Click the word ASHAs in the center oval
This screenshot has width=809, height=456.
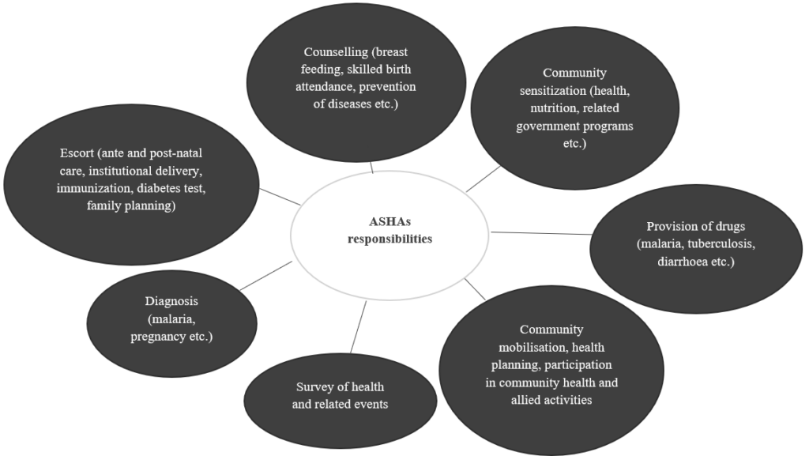pos(389,222)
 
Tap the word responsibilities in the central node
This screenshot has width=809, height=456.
pos(390,239)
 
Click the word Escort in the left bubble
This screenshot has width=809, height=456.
pos(77,153)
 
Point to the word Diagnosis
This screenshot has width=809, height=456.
pos(171,301)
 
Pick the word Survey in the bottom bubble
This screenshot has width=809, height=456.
pos(314,386)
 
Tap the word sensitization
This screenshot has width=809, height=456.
pos(550,91)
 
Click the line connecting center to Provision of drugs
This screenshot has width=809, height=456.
pos(542,233)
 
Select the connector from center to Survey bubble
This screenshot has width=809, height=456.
pos(357,328)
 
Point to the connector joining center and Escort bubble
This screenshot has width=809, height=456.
pos(280,197)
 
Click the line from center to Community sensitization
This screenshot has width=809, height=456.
pos(483,179)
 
